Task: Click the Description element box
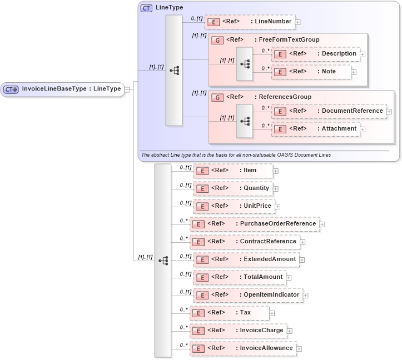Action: click(x=316, y=54)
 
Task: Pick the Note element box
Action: click(x=311, y=72)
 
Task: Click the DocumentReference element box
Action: click(x=329, y=111)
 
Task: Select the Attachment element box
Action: click(x=315, y=129)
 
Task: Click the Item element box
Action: click(x=233, y=171)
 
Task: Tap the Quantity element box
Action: click(x=233, y=188)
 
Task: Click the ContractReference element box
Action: click(x=245, y=242)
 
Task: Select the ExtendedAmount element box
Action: click(x=245, y=259)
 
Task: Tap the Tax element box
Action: click(x=229, y=313)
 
